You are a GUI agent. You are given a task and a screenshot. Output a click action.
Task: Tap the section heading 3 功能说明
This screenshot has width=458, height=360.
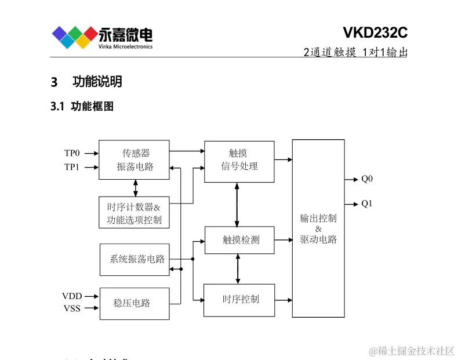86,82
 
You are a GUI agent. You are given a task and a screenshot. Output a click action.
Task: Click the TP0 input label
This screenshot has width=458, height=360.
72,154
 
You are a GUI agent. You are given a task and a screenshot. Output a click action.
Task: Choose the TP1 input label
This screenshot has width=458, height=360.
72,168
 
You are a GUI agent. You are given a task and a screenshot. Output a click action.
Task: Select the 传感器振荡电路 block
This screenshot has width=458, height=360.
134,159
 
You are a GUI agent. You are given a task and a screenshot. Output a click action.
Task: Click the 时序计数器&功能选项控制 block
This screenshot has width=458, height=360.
134,213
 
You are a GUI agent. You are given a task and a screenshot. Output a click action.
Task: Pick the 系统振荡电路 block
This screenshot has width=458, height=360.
134,259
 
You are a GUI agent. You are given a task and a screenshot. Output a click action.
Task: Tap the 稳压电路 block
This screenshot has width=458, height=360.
134,303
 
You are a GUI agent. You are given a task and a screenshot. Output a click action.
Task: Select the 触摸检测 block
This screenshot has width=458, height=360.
239,240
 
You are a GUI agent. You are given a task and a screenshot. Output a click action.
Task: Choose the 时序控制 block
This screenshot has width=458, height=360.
239,300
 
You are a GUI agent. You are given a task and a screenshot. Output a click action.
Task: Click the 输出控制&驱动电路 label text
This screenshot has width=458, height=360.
318,228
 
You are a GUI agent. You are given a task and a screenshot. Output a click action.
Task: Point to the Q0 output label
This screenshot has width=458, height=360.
367,179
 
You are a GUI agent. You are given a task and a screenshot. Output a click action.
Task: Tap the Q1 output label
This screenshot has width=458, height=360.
367,203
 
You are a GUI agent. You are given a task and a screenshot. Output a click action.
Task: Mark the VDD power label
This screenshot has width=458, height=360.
72,296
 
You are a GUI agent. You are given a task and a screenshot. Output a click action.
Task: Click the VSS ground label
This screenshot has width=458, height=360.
72,308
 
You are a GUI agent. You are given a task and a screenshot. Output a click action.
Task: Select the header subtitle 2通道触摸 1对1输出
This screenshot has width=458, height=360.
355,52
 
